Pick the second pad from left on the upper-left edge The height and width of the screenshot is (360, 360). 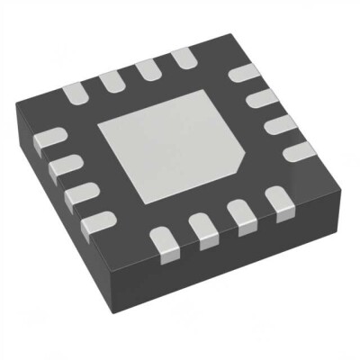click(x=112, y=80)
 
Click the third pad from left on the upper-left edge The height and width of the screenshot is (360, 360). click(x=148, y=69)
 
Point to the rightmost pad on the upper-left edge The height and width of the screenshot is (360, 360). click(x=183, y=59)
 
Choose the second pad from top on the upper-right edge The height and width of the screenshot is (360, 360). click(x=261, y=97)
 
